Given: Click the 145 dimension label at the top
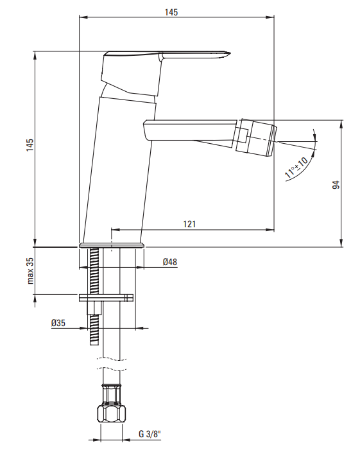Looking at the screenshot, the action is pyautogui.click(x=171, y=12).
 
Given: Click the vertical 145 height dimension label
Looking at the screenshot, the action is pyautogui.click(x=30, y=145).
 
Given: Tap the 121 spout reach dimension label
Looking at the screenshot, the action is pyautogui.click(x=189, y=224).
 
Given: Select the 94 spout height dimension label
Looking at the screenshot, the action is pyautogui.click(x=336, y=185).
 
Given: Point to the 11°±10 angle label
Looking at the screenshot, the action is pyautogui.click(x=296, y=168).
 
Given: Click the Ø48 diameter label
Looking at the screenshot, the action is pyautogui.click(x=170, y=262).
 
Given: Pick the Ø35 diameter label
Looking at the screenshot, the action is pyautogui.click(x=58, y=323).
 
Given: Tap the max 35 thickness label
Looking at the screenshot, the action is pyautogui.click(x=30, y=271).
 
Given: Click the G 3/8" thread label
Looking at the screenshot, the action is pyautogui.click(x=150, y=434).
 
